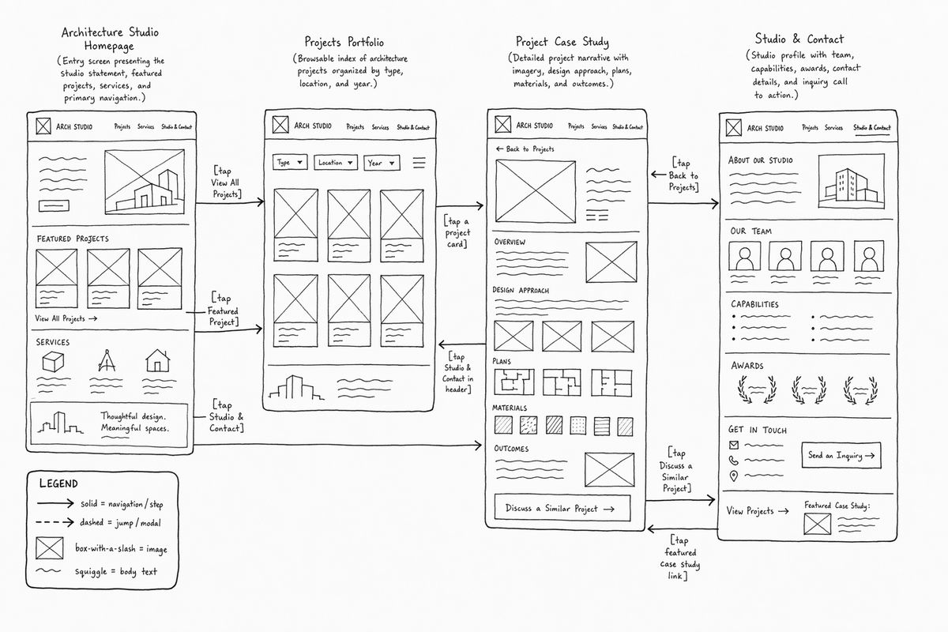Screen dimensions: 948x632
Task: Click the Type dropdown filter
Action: pos(290,162)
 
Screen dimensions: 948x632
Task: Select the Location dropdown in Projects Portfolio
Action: pos(336,163)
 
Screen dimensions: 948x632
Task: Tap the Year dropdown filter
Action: pos(382,163)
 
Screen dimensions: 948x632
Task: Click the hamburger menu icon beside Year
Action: pos(419,163)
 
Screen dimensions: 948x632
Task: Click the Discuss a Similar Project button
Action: pos(562,508)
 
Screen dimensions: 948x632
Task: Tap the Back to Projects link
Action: pos(525,149)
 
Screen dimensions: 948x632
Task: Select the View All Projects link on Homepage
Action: pos(66,318)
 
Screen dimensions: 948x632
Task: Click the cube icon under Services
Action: pos(53,362)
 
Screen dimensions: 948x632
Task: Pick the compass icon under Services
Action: pos(106,361)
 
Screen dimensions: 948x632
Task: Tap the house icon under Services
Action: pos(157,361)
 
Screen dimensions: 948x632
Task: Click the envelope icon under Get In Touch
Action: pos(734,445)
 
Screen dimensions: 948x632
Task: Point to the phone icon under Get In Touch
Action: pos(734,460)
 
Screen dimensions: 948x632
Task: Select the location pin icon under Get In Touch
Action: pos(734,476)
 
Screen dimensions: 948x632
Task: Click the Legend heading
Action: pos(58,483)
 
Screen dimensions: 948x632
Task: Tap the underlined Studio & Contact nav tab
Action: pos(872,127)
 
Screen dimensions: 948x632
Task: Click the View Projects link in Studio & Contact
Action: pos(758,511)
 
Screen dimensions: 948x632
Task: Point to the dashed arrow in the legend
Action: pos(55,522)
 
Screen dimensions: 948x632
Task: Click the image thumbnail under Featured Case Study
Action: pos(817,524)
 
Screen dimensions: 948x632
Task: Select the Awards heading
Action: pos(747,366)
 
